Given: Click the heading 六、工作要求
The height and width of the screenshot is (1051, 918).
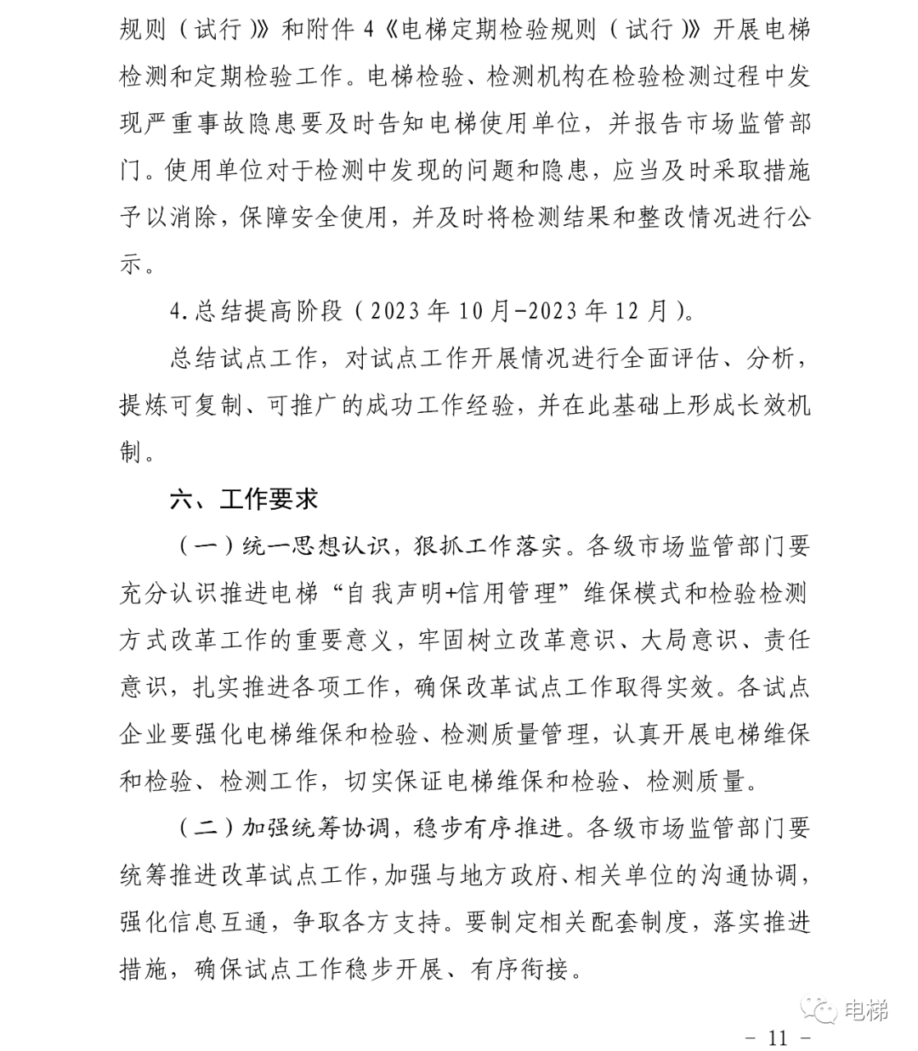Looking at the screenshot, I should pos(244,500).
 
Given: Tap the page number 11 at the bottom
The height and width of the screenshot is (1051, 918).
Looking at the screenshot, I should pos(779,1037).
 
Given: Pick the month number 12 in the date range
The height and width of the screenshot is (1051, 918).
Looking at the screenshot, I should pos(630,311).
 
